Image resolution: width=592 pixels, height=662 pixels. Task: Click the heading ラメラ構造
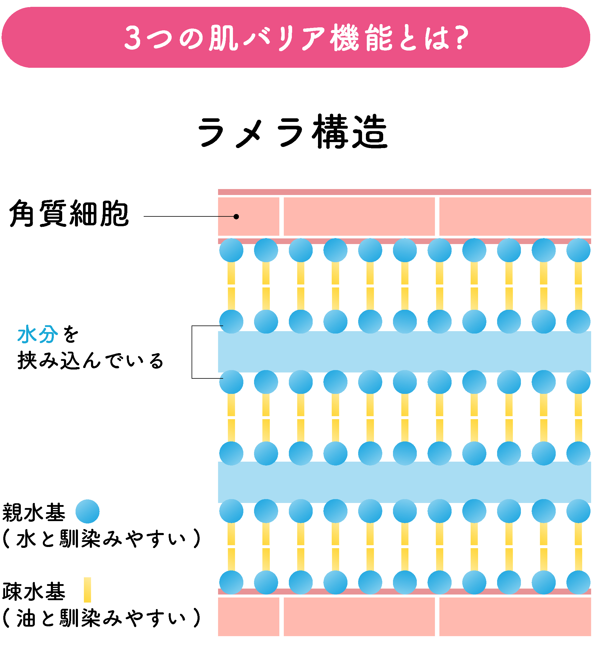(293, 132)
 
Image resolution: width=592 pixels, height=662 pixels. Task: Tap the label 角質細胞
(69, 213)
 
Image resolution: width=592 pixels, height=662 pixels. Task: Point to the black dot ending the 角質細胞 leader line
(237, 217)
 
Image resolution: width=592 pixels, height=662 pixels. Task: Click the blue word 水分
(37, 334)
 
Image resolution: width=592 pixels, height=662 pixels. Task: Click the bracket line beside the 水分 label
(192, 352)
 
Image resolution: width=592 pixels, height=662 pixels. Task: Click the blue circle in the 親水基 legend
(87, 512)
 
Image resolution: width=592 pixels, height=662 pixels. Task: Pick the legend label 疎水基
(34, 591)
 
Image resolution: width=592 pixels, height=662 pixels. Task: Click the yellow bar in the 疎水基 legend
(87, 590)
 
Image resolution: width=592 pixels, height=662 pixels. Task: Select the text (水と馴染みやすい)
(101, 539)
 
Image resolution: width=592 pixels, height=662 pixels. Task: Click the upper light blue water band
(404, 352)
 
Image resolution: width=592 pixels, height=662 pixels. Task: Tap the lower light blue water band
(404, 482)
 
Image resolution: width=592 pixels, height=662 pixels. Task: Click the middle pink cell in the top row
(359, 216)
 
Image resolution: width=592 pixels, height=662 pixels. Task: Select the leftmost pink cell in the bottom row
(248, 617)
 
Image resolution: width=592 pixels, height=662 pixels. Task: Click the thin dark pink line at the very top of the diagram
(404, 192)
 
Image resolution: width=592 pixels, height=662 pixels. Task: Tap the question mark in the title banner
(462, 38)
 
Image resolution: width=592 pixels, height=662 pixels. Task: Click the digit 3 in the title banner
(133, 38)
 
